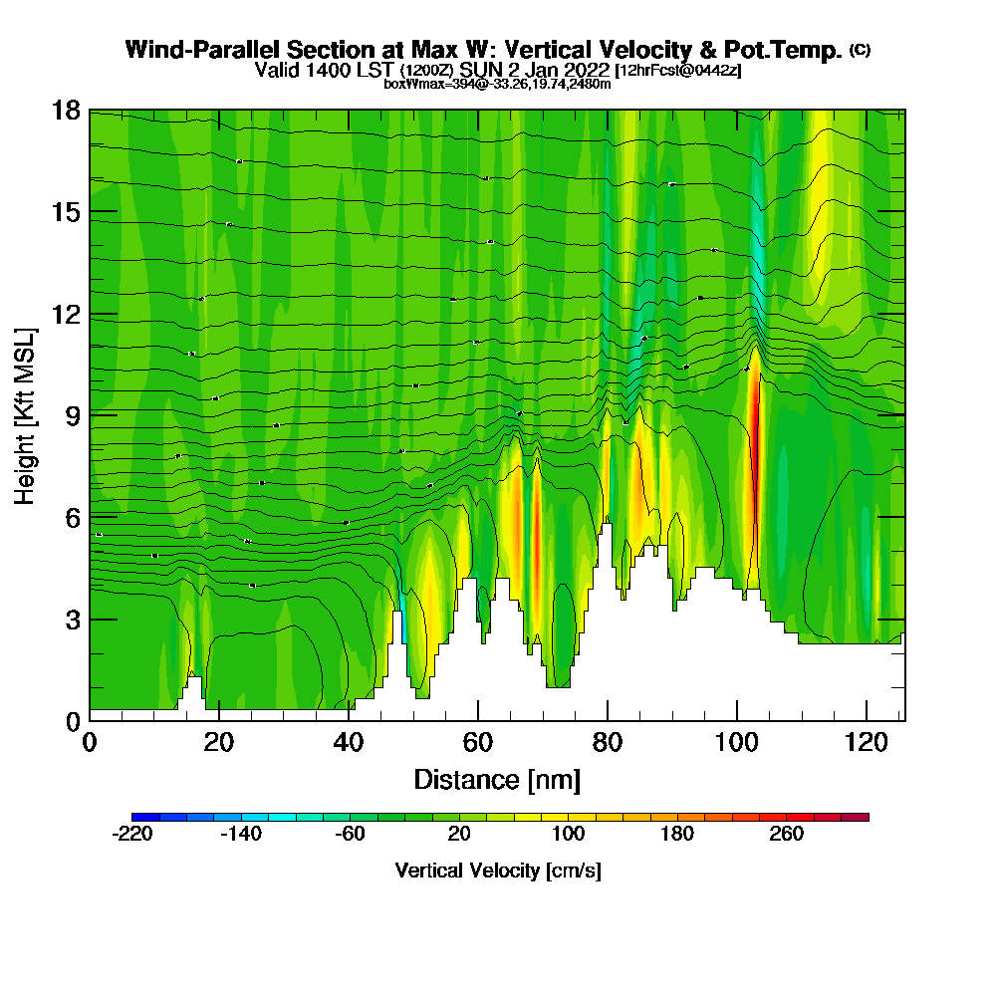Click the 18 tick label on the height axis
coord(66,110)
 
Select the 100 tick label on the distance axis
coord(736,742)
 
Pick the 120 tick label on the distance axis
coord(866,742)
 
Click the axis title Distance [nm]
coord(496,779)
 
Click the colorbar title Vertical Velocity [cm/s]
coord(498,871)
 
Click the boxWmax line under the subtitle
coord(497,84)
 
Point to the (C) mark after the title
coord(859,50)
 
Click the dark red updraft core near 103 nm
coord(755,438)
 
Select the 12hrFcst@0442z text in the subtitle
coord(679,71)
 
